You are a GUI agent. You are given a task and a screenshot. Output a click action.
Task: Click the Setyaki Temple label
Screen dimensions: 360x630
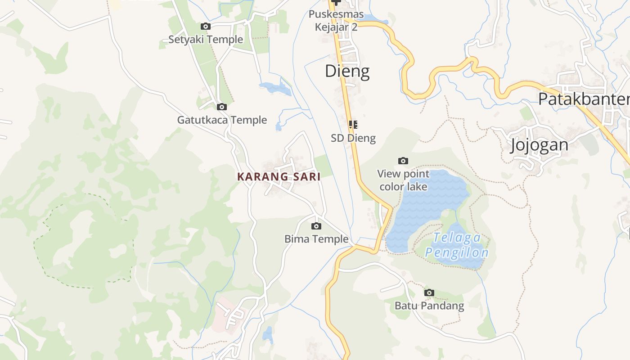[x=206, y=40]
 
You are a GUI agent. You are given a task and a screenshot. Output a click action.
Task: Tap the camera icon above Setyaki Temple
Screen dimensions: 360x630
[x=206, y=27]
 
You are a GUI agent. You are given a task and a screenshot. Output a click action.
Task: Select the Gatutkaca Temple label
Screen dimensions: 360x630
[x=222, y=120]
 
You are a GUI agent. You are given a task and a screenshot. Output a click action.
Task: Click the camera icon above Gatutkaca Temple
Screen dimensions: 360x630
[x=222, y=107]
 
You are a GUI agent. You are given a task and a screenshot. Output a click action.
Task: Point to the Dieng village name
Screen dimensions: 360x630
[x=347, y=71]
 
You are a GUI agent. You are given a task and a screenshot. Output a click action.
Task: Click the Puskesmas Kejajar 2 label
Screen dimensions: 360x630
[x=336, y=21]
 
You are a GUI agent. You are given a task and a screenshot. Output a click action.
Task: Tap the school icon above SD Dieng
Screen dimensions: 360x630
[x=353, y=125]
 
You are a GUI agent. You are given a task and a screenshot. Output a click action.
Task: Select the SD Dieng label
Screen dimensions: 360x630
[x=353, y=138]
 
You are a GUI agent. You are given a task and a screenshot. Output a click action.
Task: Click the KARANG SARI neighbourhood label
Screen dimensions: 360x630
[x=279, y=177]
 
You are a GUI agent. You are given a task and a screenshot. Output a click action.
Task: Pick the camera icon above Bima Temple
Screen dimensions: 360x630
[x=316, y=226]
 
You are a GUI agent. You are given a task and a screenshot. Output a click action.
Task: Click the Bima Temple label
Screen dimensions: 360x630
[x=316, y=239]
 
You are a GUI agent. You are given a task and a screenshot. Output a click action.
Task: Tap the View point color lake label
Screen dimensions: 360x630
[x=403, y=180]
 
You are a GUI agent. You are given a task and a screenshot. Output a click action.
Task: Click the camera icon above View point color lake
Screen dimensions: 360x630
[x=403, y=161]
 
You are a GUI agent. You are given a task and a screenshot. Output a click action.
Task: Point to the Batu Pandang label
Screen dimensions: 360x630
[x=429, y=306]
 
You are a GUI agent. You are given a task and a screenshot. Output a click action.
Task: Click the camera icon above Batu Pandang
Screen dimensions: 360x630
[x=429, y=293]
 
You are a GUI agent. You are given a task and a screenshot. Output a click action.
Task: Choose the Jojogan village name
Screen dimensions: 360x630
[x=539, y=145]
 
